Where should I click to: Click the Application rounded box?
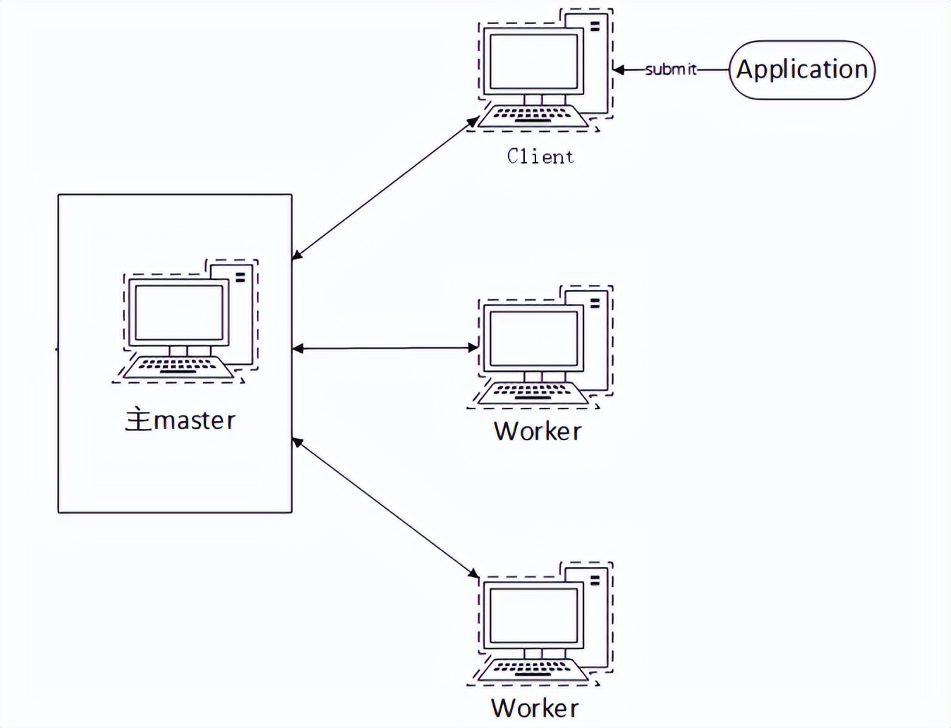click(x=801, y=70)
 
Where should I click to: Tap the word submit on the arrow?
click(x=670, y=69)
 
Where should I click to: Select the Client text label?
click(x=540, y=156)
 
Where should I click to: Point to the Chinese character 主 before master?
click(x=138, y=420)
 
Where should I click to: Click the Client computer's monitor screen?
click(x=533, y=61)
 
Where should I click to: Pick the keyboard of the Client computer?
click(x=533, y=114)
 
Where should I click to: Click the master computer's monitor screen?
click(x=178, y=313)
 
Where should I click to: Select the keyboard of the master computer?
click(x=178, y=366)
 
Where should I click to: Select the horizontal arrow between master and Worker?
click(x=385, y=348)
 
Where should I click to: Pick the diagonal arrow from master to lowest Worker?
click(x=385, y=508)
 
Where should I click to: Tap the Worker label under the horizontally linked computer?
click(x=538, y=431)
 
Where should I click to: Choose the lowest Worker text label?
click(x=535, y=708)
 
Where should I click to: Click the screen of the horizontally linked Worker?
click(x=533, y=338)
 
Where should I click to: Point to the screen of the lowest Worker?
click(x=533, y=614)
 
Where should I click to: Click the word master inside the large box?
click(x=194, y=420)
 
